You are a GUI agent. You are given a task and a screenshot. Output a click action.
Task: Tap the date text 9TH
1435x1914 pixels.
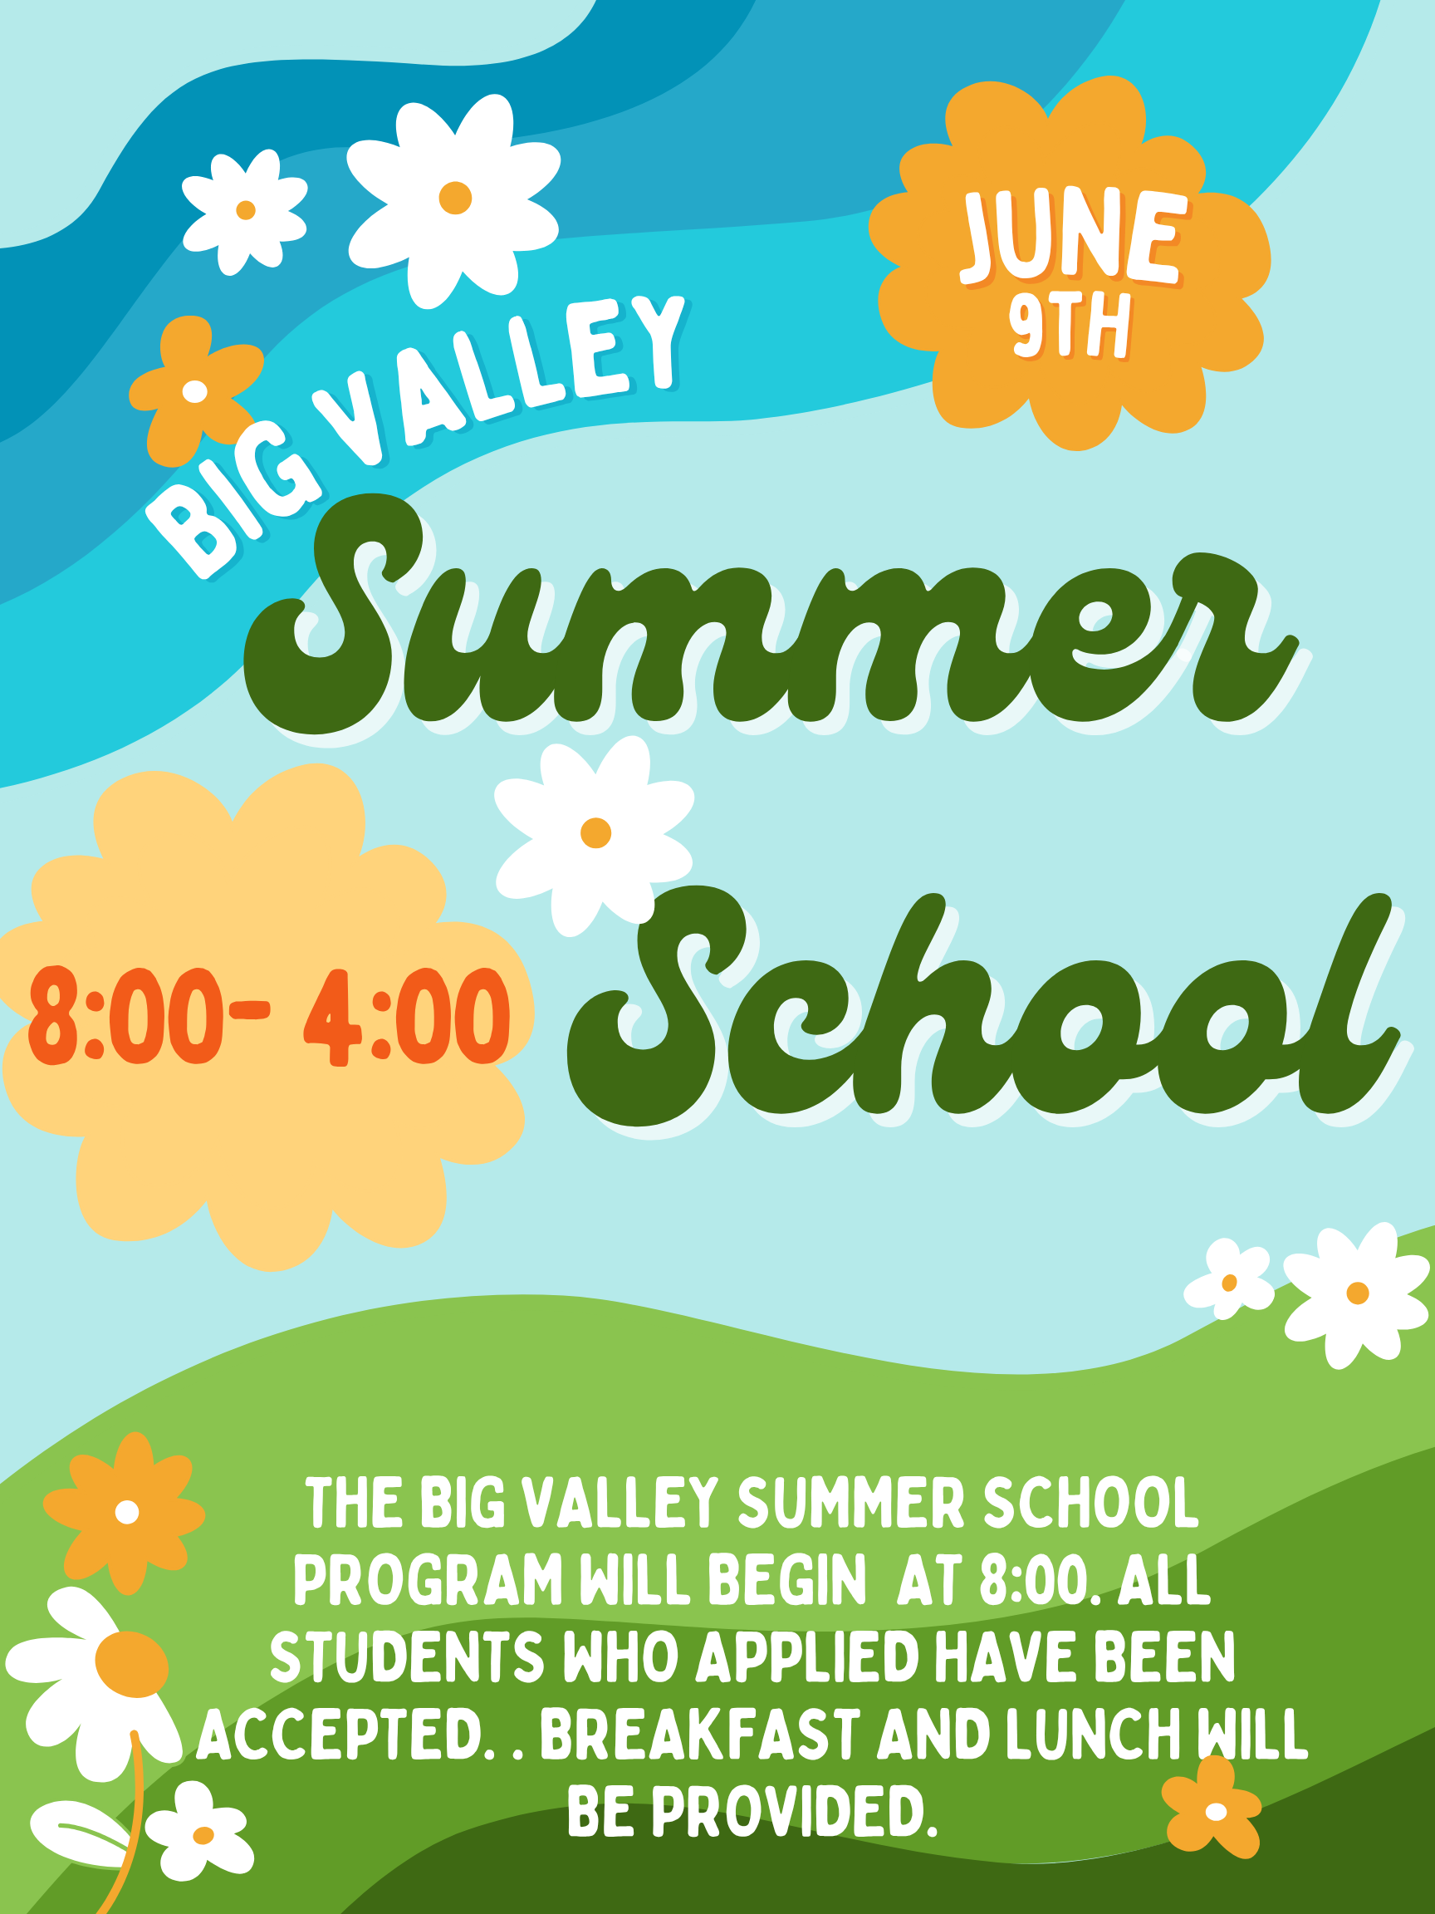1069,326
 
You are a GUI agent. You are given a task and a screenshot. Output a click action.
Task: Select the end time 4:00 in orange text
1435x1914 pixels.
406,1018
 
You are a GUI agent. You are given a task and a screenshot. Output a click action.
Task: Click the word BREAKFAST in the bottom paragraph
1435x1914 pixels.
700,1734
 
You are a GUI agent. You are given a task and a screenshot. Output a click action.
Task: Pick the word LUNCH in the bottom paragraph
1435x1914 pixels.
1094,1734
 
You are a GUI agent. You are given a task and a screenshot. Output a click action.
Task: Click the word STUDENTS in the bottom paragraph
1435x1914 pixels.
408,1658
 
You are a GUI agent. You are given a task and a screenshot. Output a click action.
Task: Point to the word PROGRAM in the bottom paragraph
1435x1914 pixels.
429,1580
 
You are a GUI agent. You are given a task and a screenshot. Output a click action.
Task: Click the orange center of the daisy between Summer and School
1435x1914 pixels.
596,832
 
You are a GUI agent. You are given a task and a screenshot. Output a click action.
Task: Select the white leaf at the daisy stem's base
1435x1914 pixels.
78,1833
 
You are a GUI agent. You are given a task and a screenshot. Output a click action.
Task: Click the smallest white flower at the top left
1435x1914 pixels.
246,210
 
